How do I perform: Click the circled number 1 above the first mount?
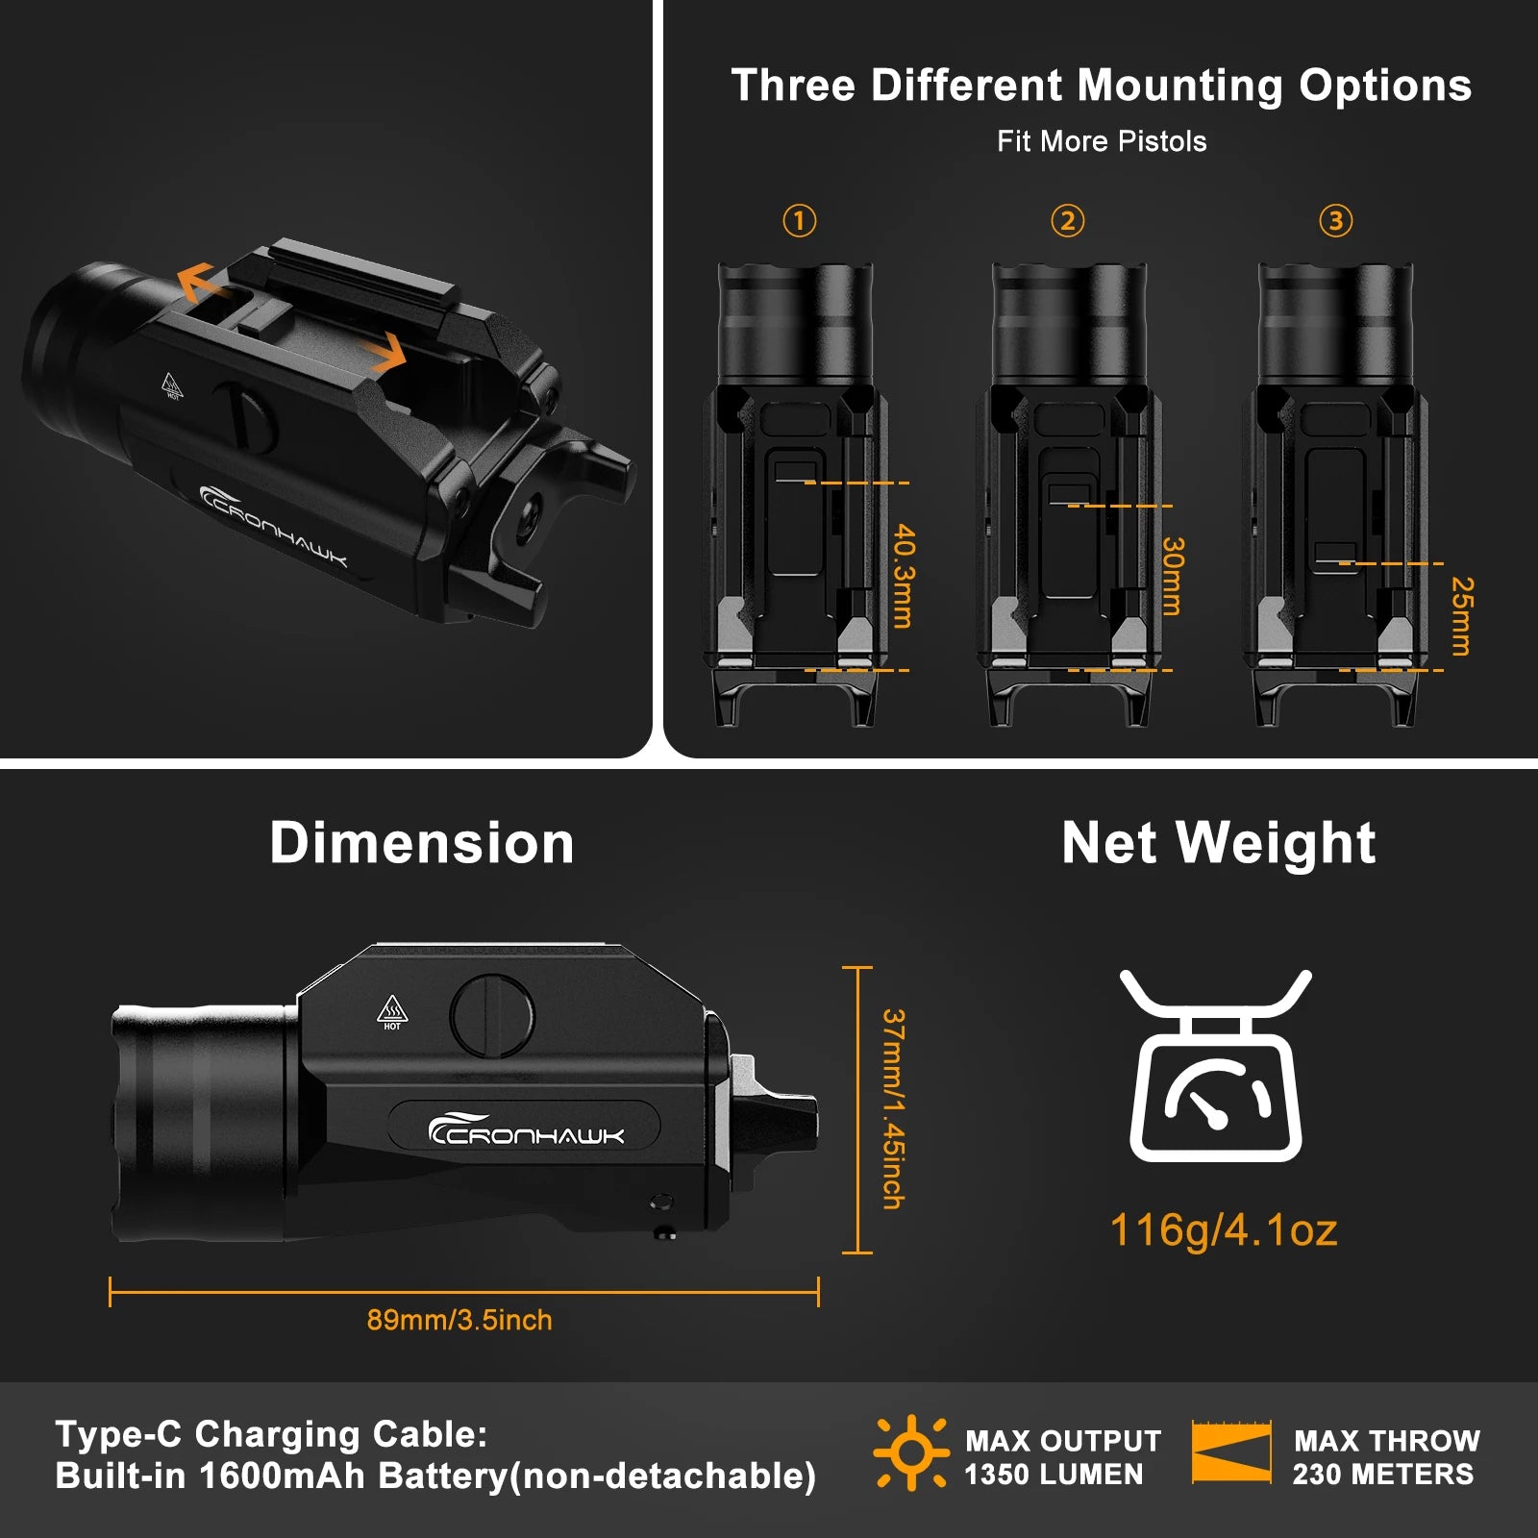point(799,221)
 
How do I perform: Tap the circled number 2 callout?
point(1067,221)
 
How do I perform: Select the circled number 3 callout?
point(1335,221)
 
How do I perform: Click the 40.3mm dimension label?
point(904,576)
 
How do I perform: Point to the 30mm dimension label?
point(1172,576)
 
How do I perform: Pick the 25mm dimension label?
point(1461,616)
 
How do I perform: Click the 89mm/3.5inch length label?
point(459,1320)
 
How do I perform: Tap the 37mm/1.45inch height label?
point(893,1108)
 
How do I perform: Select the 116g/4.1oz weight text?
point(1224,1229)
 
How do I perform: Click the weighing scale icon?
point(1216,1066)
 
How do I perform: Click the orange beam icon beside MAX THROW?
point(1231,1451)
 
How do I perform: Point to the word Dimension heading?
point(422,843)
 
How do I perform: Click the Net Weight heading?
point(1219,843)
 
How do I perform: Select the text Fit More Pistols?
point(1102,141)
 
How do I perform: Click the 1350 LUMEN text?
point(1054,1475)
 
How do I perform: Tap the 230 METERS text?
point(1382,1475)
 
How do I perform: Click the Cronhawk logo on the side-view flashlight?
point(526,1129)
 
